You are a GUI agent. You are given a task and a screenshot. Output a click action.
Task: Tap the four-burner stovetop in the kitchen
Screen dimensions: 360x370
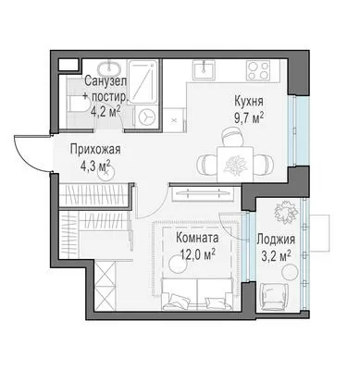[259, 70]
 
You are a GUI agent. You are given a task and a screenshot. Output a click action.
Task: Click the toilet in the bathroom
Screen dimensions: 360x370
[76, 104]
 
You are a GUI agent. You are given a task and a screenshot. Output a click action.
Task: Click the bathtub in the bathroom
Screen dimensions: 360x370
[143, 81]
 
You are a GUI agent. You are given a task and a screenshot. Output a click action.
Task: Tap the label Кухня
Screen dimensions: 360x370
[249, 101]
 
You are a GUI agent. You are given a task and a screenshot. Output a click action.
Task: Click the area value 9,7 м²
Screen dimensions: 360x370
[249, 117]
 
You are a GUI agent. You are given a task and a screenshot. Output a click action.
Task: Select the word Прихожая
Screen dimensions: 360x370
[95, 150]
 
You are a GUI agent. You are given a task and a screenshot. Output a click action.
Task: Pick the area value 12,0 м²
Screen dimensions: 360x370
[198, 255]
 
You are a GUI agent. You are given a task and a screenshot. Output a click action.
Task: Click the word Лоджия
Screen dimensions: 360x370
[276, 240]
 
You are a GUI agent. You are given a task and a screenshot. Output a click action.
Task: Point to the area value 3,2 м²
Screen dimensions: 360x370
[276, 256]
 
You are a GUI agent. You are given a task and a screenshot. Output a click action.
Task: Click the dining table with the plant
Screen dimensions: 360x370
[235, 164]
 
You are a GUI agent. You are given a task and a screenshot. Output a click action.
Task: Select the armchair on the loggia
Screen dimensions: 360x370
[274, 296]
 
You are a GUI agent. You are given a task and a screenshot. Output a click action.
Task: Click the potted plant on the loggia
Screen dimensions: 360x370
[286, 212]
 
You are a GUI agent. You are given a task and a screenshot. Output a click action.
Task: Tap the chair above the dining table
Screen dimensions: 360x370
[232, 138]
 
